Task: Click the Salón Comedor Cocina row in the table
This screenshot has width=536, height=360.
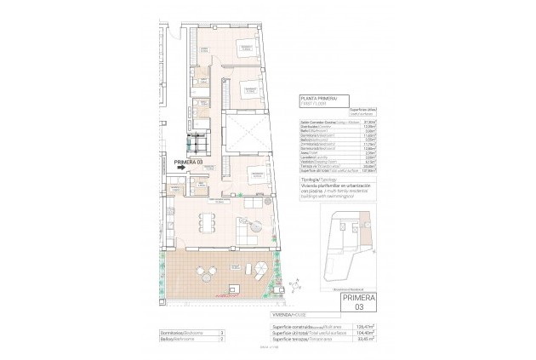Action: point(321,123)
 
